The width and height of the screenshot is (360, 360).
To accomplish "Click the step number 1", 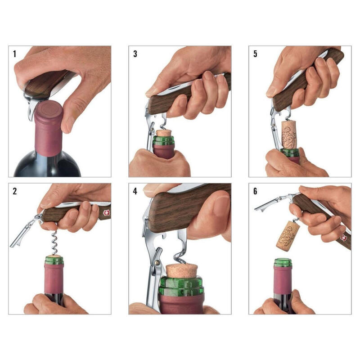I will [x=14, y=54].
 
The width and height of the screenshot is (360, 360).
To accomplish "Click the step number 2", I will [x=15, y=191].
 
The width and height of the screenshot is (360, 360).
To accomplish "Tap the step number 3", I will [x=135, y=54].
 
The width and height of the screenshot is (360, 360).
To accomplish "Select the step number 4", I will [x=135, y=191].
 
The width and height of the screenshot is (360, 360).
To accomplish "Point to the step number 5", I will [x=255, y=54].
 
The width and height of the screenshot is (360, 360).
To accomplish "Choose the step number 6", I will [x=255, y=191].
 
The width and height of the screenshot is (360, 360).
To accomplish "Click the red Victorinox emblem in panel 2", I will [x=106, y=212].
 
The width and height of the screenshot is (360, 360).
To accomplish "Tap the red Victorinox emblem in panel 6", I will [x=344, y=238].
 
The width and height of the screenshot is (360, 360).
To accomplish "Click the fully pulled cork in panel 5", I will [x=289, y=134].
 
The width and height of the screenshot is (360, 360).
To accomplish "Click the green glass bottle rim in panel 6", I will [x=283, y=262].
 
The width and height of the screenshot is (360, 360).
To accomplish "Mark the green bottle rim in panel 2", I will [x=54, y=260].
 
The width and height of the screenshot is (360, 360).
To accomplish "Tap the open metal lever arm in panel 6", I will [x=270, y=203].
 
